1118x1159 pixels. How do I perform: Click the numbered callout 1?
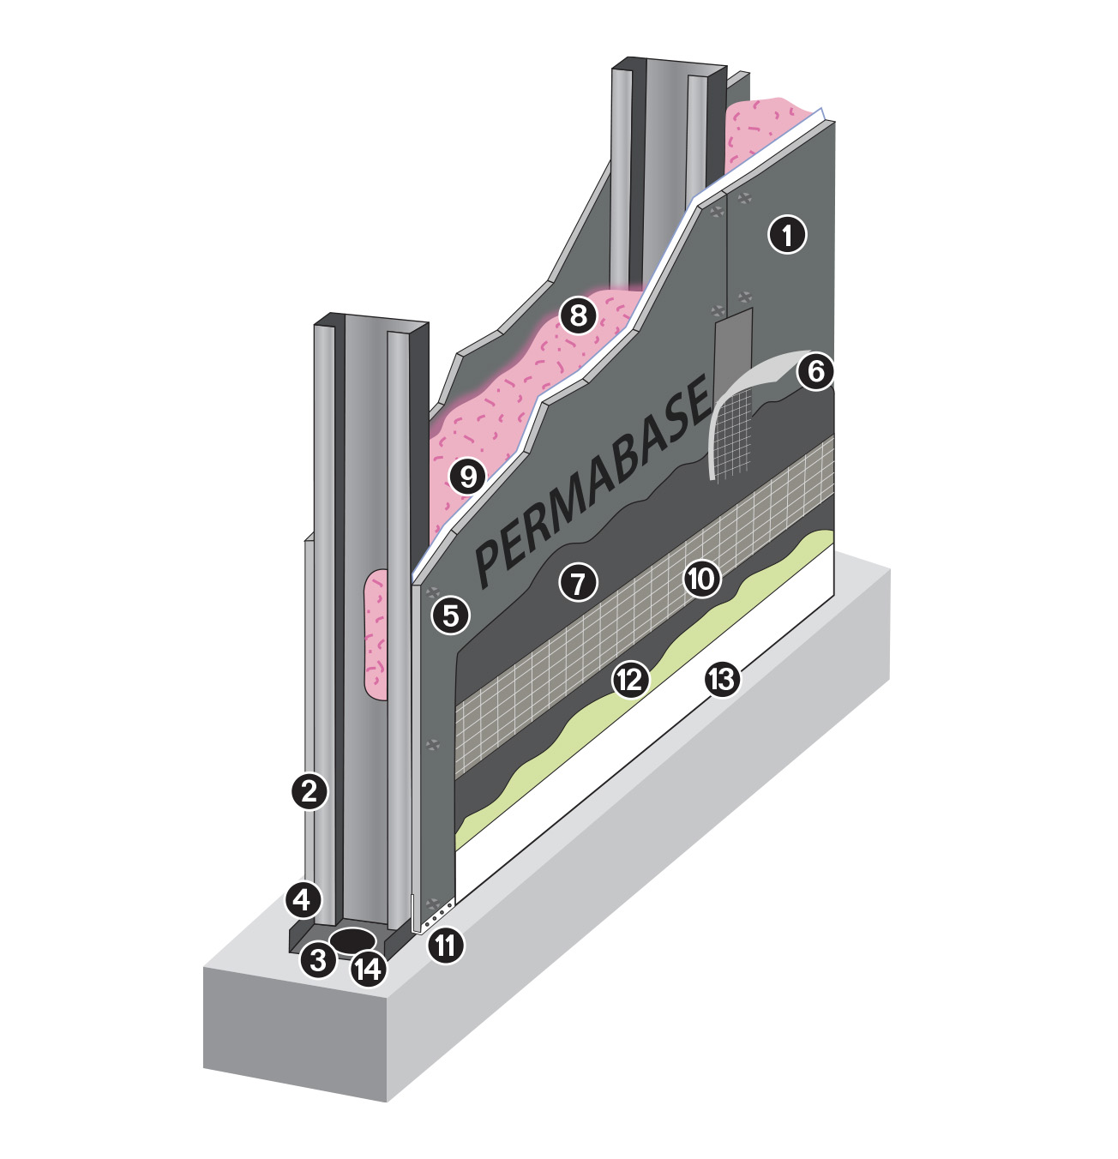pyautogui.click(x=787, y=235)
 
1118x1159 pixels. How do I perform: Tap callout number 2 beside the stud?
pyautogui.click(x=310, y=791)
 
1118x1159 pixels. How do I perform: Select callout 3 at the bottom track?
pyautogui.click(x=318, y=960)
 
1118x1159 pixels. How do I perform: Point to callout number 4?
pyautogui.click(x=304, y=899)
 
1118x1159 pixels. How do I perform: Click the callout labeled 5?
pyautogui.click(x=450, y=616)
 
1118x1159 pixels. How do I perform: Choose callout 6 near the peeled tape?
pyautogui.click(x=815, y=372)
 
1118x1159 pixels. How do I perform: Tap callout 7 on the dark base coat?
pyautogui.click(x=578, y=582)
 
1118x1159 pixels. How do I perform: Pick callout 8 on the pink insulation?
pyautogui.click(x=578, y=315)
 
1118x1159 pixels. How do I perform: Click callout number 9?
pyautogui.click(x=467, y=477)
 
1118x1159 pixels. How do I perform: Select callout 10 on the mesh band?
pyautogui.click(x=701, y=577)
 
